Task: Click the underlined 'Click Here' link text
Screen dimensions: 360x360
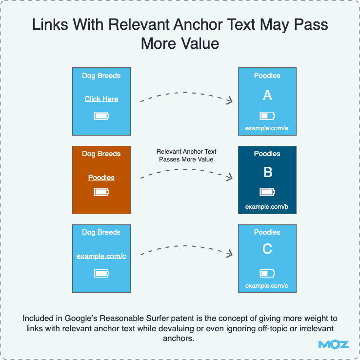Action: click(x=101, y=99)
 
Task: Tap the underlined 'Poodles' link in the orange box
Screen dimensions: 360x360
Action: click(x=101, y=178)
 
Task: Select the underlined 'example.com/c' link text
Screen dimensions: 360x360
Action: click(x=101, y=256)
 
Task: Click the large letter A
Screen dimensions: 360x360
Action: click(x=267, y=95)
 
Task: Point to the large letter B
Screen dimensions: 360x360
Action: click(x=268, y=172)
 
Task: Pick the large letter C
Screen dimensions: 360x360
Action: click(x=267, y=249)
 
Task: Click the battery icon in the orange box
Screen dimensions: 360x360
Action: click(x=101, y=192)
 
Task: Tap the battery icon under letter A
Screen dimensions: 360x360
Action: click(x=267, y=116)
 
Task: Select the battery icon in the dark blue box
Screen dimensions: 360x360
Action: click(x=267, y=192)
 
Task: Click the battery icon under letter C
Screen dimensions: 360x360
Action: click(x=267, y=273)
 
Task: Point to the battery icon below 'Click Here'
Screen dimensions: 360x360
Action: click(x=101, y=116)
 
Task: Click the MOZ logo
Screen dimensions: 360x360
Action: click(x=334, y=345)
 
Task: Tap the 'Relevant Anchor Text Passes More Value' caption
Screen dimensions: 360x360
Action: click(x=186, y=156)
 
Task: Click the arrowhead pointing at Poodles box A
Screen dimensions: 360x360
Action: click(x=230, y=100)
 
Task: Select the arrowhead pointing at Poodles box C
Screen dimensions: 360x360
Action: click(x=230, y=254)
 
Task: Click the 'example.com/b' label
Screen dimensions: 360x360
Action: click(x=266, y=207)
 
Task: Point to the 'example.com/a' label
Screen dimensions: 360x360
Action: click(x=266, y=128)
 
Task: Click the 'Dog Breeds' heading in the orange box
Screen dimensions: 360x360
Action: click(x=101, y=154)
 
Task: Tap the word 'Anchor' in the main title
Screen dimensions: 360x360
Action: click(x=198, y=24)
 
